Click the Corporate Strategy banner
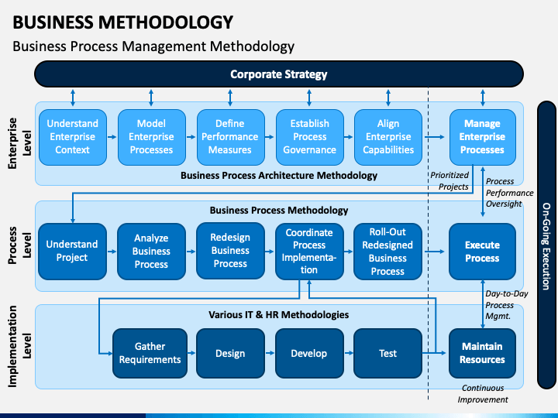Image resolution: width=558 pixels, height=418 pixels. click(279, 74)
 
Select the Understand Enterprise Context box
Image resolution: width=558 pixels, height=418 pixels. click(73, 137)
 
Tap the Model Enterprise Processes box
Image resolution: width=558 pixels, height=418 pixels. click(152, 137)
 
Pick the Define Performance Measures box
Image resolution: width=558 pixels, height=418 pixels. click(231, 137)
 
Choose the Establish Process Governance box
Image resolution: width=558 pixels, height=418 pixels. click(309, 137)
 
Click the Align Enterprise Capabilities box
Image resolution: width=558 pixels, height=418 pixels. click(388, 137)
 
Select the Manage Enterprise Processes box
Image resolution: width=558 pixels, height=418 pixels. click(483, 137)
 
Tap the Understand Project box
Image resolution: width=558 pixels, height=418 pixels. click(72, 252)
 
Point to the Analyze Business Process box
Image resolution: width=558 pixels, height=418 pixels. click(152, 252)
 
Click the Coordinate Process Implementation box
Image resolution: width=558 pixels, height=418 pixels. click(309, 252)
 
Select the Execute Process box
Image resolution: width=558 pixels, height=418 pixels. click(483, 252)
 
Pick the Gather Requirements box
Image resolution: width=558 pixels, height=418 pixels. click(150, 353)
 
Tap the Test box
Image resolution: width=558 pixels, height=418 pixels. click(388, 353)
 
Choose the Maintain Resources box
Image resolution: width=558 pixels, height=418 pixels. click(483, 353)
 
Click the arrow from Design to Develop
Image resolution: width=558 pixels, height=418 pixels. click(270, 353)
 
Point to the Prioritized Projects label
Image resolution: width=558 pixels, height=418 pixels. click(450, 181)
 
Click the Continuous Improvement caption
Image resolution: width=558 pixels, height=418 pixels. click(483, 394)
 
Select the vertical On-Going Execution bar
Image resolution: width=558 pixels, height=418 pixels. click(546, 245)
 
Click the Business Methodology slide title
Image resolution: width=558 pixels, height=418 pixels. click(123, 22)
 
